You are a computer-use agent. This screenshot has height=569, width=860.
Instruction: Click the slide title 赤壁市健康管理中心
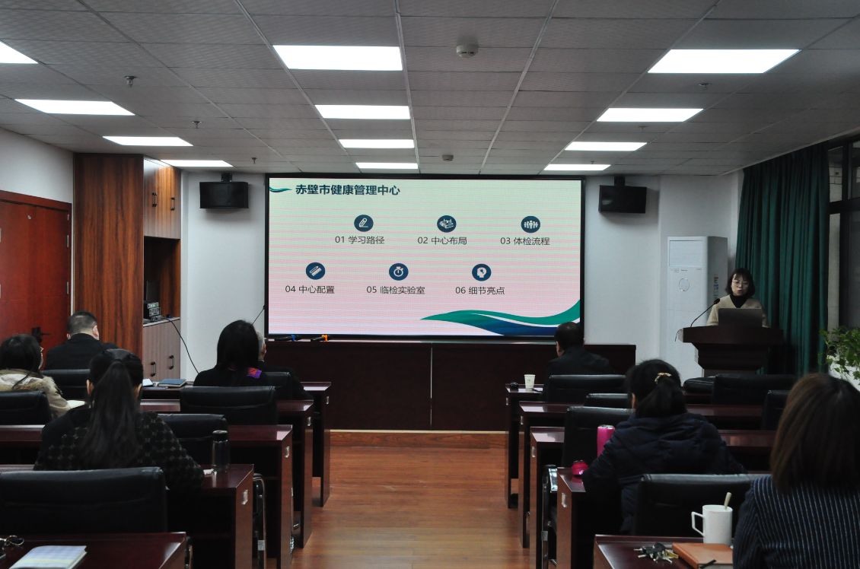tap(348, 190)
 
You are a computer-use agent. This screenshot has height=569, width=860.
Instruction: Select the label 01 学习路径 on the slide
tap(360, 240)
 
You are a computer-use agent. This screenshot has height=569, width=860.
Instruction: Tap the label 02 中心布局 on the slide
tap(442, 240)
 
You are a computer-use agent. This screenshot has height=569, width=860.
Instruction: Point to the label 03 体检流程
tap(525, 240)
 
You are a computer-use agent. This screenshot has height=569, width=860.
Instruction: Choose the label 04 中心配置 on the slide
tap(310, 289)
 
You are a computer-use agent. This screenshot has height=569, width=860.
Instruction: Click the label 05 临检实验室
tap(396, 289)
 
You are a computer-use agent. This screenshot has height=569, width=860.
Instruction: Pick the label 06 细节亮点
tap(480, 291)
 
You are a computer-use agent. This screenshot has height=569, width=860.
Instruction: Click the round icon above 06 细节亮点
tap(481, 272)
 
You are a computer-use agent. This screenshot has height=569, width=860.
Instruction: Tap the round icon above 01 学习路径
tap(363, 223)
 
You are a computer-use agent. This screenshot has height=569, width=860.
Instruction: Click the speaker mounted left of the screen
tap(224, 195)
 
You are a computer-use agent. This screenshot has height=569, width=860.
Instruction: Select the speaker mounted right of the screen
tap(623, 199)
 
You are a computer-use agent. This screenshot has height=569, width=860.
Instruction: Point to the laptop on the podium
tap(740, 317)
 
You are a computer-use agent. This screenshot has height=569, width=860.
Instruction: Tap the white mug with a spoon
tap(712, 523)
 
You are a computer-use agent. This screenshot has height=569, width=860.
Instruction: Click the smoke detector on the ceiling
tap(467, 50)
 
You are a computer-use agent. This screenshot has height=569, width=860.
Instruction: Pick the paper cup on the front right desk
tap(529, 382)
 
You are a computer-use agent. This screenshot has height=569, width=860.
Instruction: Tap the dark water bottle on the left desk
tap(221, 450)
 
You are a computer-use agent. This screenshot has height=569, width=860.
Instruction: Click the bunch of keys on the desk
tap(655, 552)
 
